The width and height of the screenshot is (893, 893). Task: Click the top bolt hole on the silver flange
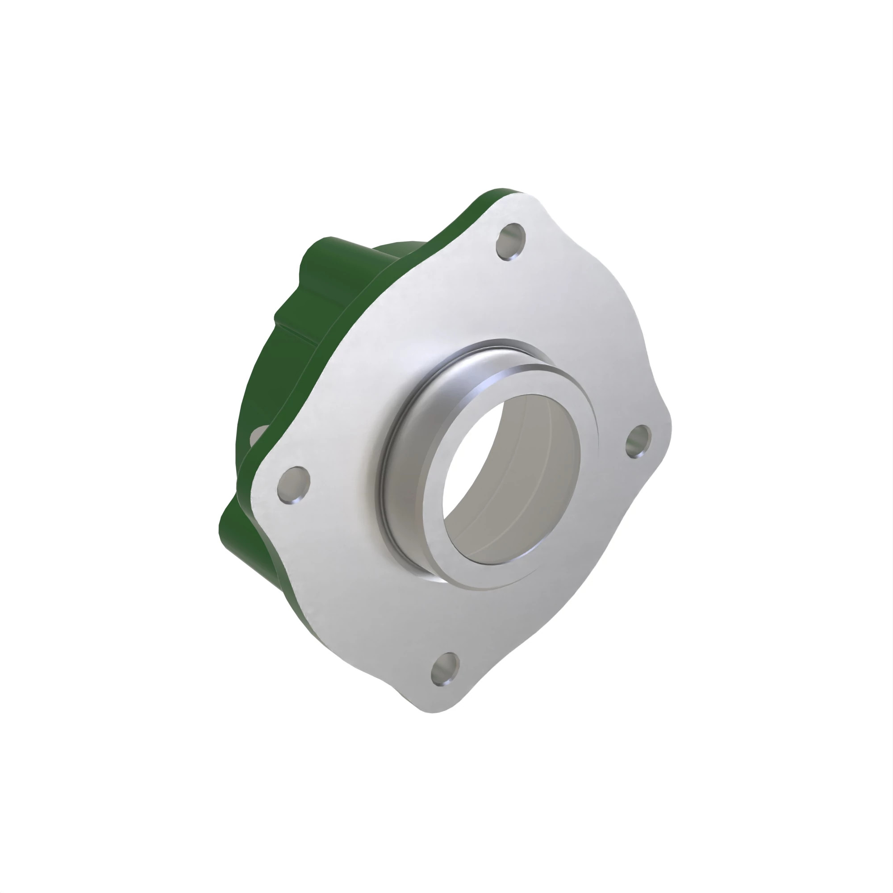pyautogui.click(x=511, y=241)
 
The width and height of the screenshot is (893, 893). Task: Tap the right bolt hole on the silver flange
pyautogui.click(x=639, y=442)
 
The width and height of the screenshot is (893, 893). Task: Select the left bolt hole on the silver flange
pyautogui.click(x=293, y=484)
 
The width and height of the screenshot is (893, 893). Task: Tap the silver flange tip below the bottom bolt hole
pyautogui.click(x=434, y=705)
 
